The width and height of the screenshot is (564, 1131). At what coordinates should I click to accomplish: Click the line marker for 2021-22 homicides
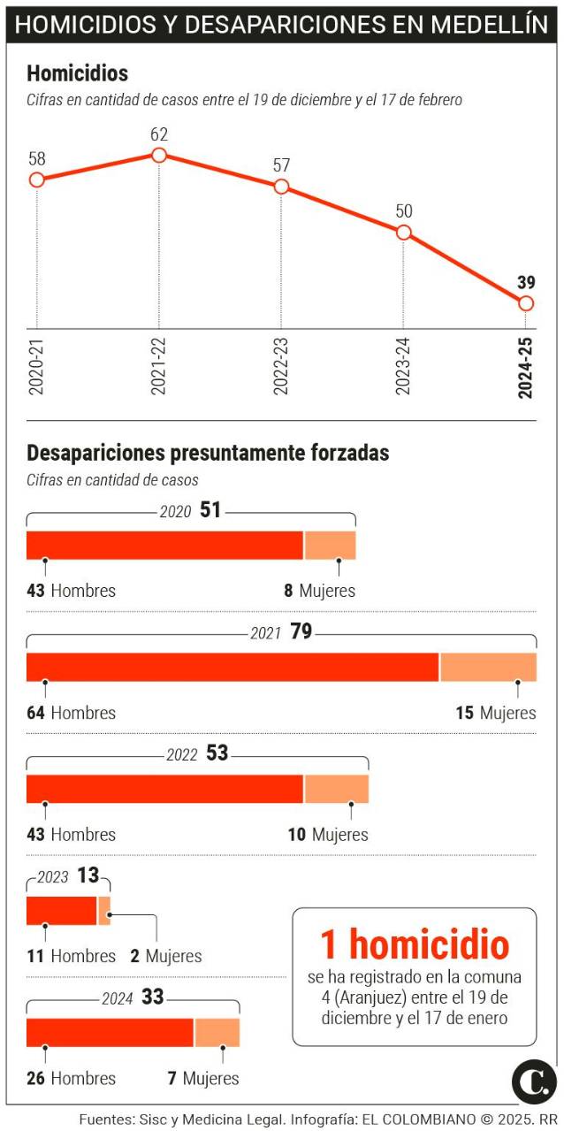click(x=159, y=155)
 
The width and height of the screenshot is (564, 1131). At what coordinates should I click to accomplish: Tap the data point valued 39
click(x=526, y=303)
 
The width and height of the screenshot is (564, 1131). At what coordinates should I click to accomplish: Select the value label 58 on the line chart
click(x=36, y=159)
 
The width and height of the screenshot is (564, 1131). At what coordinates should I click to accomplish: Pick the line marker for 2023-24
click(x=404, y=233)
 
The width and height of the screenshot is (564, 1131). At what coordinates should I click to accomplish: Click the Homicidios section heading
click(x=77, y=73)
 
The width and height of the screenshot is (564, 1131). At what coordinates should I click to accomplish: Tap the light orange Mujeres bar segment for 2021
click(x=488, y=668)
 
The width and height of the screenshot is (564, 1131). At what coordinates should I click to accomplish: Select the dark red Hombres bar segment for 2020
click(x=164, y=546)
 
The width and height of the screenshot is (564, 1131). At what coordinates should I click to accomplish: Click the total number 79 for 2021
click(x=301, y=631)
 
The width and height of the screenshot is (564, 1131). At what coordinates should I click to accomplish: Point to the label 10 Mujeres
click(x=328, y=834)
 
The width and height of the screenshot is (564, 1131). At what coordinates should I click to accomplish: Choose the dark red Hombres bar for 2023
click(x=61, y=911)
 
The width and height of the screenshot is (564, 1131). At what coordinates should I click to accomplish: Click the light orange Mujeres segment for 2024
click(x=217, y=1033)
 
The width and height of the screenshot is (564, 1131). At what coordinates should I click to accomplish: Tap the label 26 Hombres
click(x=71, y=1078)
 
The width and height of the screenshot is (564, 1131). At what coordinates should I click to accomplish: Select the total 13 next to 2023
click(x=88, y=875)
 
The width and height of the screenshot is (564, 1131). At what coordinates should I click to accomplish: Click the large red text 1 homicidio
click(x=414, y=944)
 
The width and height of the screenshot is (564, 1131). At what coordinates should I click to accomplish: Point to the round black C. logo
click(x=534, y=1081)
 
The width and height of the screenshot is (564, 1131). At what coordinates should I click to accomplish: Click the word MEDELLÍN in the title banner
click(x=490, y=25)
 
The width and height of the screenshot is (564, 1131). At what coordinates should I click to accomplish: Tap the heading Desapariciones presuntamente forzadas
click(x=208, y=453)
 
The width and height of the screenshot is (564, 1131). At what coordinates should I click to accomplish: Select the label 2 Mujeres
click(x=165, y=956)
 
